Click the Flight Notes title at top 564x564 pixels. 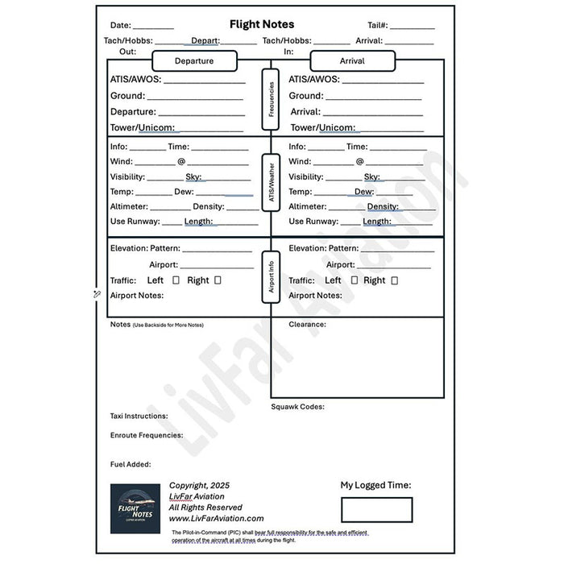pos(261,25)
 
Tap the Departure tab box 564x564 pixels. pos(194,61)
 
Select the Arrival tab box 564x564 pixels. pos(352,61)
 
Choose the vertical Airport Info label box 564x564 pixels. pos(271,276)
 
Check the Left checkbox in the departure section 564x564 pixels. pos(176,280)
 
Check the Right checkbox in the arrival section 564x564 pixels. pos(394,280)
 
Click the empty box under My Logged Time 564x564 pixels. pos(376,509)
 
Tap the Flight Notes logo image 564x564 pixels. pos(135,508)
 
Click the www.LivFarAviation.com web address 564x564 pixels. pos(216,519)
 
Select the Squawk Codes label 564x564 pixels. pos(297,407)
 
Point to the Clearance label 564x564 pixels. pos(307,325)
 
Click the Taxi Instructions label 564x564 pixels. pos(139,417)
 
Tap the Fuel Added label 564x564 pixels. pos(131,465)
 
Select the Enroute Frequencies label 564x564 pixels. pos(146,435)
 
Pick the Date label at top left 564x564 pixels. pos(121,26)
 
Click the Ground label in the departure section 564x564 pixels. pos(127,96)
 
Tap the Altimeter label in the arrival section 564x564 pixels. pos(308,206)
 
